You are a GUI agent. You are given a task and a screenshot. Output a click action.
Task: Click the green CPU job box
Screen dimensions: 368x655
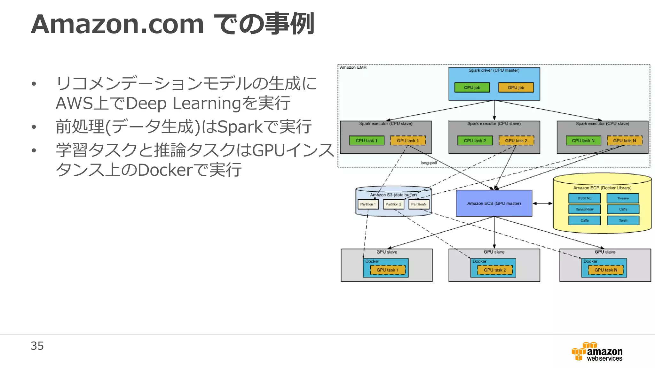click(x=472, y=88)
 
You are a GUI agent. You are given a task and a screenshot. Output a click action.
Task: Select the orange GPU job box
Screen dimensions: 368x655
click(x=516, y=88)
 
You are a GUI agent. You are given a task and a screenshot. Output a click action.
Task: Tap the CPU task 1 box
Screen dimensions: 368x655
click(x=367, y=141)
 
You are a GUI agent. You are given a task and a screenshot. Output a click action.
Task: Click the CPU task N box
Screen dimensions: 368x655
click(x=583, y=141)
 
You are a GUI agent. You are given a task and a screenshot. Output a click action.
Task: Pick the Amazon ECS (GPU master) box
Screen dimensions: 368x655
click(x=494, y=203)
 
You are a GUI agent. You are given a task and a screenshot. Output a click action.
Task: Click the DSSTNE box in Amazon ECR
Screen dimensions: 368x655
click(x=584, y=198)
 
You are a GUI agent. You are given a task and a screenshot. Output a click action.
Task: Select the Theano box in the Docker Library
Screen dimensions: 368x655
click(x=623, y=198)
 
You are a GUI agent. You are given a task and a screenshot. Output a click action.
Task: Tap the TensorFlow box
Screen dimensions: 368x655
click(x=584, y=210)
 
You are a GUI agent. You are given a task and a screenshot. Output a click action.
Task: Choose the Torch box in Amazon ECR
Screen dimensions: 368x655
click(x=623, y=220)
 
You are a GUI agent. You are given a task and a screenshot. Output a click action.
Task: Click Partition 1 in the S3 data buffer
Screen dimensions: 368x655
click(x=368, y=204)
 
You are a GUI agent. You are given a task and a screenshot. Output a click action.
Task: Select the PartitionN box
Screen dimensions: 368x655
click(x=419, y=204)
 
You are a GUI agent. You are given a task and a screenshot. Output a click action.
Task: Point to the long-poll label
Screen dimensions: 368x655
click(x=429, y=163)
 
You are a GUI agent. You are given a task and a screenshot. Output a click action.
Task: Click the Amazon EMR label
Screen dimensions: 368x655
click(x=353, y=67)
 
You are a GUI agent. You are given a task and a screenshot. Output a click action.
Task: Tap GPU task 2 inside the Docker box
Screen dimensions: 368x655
click(x=494, y=270)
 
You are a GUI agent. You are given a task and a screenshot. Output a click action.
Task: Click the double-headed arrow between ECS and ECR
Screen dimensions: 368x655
click(x=542, y=203)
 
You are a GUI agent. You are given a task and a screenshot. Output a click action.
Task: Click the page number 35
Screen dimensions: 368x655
click(x=37, y=346)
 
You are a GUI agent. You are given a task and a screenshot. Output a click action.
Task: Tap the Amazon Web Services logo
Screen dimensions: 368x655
click(x=597, y=351)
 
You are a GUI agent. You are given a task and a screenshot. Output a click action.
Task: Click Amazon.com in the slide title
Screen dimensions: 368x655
click(x=117, y=24)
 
